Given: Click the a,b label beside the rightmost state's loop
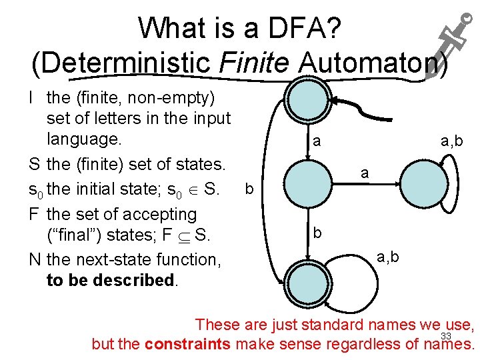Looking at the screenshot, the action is click(451, 141).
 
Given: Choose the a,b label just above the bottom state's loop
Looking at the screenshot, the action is click(388, 256).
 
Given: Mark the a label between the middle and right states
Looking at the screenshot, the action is click(364, 173).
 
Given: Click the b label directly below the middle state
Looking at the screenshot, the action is click(318, 233).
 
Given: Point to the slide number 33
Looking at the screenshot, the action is click(447, 336).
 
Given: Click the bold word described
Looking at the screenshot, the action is click(133, 280).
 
